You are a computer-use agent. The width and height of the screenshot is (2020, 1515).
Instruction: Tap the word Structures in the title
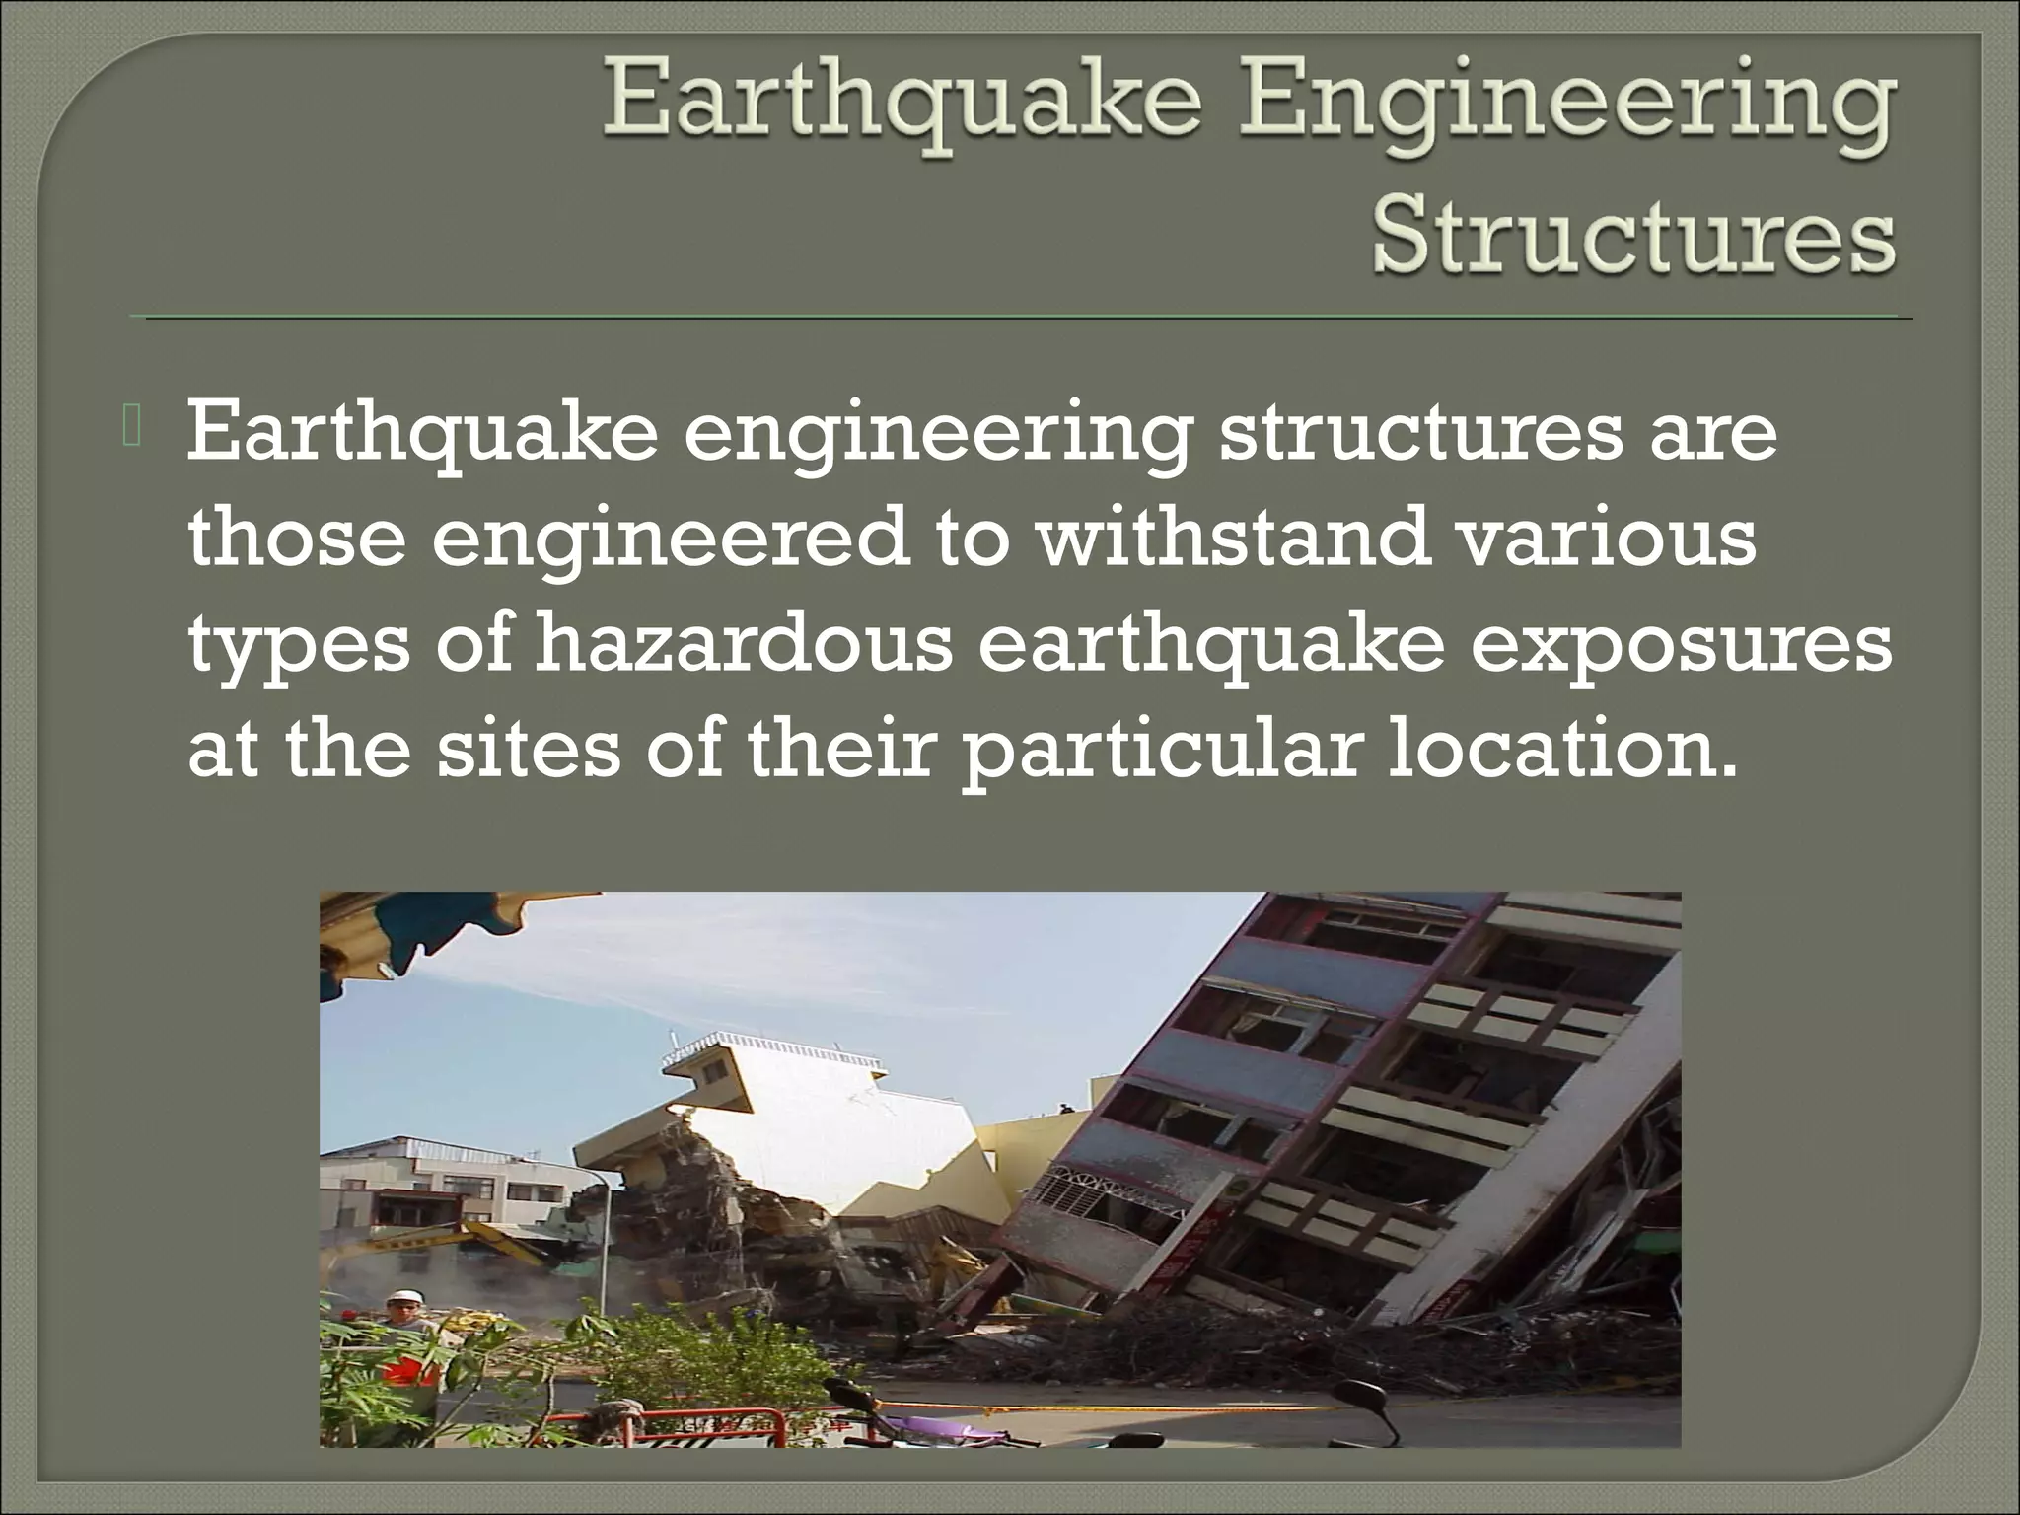click(x=1632, y=242)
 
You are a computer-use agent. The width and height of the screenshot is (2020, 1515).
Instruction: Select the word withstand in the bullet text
click(x=1233, y=539)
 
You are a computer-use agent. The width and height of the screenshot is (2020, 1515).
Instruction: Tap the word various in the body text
click(x=1608, y=539)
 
